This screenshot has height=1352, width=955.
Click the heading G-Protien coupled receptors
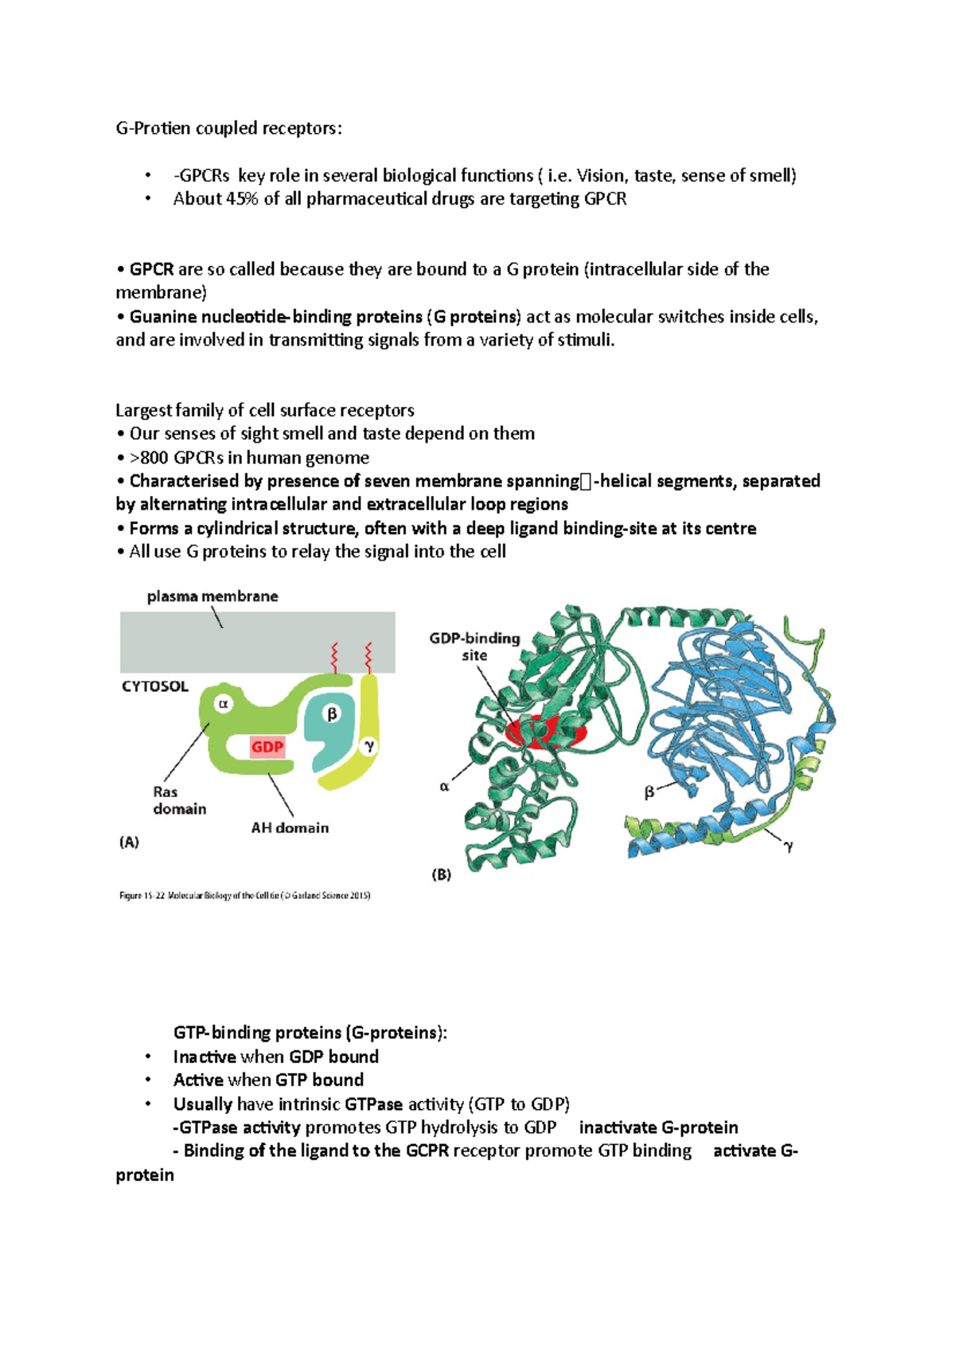[229, 128]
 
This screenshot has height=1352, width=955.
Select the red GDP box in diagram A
[267, 747]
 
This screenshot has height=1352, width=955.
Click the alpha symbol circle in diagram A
[224, 704]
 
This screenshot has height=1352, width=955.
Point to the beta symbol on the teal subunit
[332, 714]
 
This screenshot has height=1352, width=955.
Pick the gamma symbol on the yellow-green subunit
[368, 746]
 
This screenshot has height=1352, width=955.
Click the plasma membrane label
[212, 596]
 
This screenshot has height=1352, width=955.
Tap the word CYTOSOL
[155, 686]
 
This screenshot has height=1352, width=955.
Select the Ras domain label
[179, 800]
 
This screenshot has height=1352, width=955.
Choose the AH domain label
[290, 828]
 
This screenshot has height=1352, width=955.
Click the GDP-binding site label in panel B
[474, 647]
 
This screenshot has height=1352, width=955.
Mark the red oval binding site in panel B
[546, 732]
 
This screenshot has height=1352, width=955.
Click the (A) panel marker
[129, 842]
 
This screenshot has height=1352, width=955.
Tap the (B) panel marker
[442, 874]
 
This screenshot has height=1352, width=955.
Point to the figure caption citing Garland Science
[245, 896]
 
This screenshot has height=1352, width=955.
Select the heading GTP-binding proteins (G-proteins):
[310, 1033]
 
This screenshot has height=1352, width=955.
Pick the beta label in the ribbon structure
[649, 792]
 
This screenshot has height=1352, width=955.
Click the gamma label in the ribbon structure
[788, 847]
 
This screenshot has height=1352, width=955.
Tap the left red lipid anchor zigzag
[335, 658]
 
